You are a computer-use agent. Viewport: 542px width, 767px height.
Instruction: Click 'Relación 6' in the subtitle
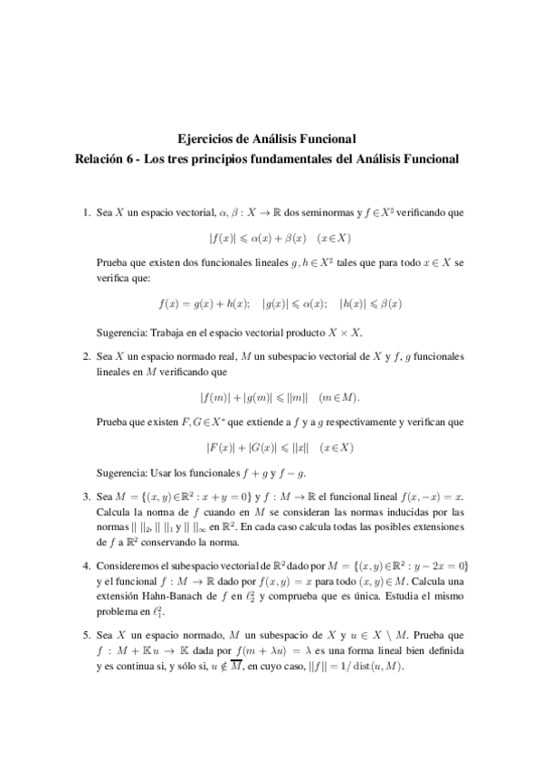(x=110, y=157)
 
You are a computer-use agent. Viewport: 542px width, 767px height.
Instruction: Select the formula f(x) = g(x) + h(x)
(x=204, y=304)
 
